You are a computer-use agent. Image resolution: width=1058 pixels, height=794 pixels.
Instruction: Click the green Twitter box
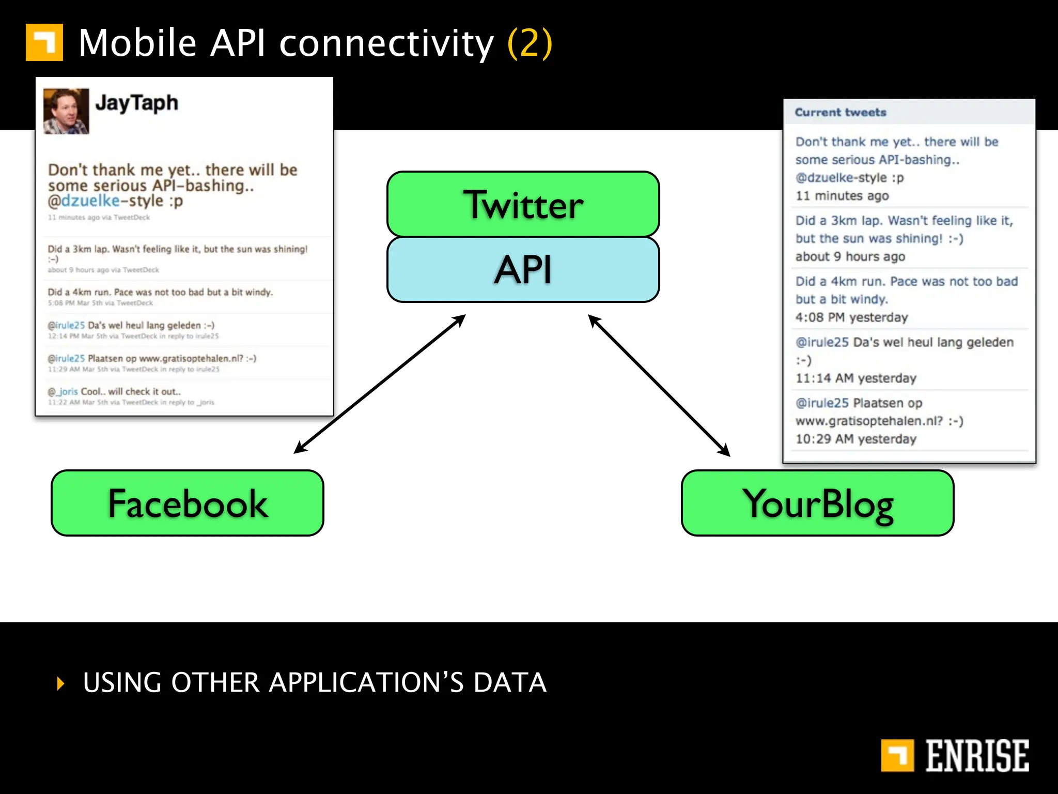[x=523, y=204]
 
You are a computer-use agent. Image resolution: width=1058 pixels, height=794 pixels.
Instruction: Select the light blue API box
[x=523, y=270]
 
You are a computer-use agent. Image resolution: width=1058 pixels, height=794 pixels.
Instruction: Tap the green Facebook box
[x=187, y=503]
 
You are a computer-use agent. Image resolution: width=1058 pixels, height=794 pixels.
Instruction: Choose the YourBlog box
[x=817, y=503]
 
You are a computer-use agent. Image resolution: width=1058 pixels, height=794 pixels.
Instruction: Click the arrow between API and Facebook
[x=380, y=384]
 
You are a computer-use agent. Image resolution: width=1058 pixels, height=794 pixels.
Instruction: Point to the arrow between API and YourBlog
[x=659, y=385]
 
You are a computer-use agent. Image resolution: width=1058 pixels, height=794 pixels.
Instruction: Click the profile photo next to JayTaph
[x=66, y=111]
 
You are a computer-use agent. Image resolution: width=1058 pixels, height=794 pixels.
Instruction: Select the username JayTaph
[x=136, y=103]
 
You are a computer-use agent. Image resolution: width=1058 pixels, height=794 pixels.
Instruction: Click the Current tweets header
[x=840, y=112]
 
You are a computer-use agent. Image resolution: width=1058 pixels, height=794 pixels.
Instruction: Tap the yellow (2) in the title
[x=530, y=43]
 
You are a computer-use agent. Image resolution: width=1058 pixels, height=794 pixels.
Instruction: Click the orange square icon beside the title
[x=44, y=42]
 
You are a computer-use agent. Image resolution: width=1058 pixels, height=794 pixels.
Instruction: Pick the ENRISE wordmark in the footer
[x=976, y=756]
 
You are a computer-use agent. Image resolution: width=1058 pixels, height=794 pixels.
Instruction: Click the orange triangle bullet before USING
[x=61, y=683]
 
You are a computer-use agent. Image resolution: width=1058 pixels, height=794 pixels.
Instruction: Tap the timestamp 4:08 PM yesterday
[x=851, y=317]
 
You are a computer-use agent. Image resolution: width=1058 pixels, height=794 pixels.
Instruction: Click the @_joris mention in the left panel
[x=63, y=392]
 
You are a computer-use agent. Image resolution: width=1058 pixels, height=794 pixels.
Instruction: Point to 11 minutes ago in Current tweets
[x=842, y=196]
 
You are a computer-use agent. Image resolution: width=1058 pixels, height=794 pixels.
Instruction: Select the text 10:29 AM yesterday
[x=855, y=439]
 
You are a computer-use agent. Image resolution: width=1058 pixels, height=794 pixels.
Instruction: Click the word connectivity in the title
[x=386, y=43]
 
